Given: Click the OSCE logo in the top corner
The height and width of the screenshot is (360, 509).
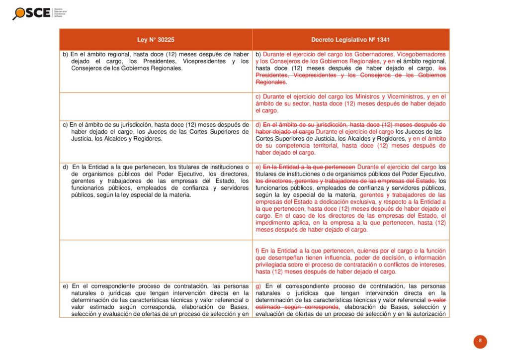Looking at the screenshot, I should (33, 12).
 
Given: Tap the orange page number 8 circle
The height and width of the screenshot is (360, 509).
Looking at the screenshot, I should (480, 341).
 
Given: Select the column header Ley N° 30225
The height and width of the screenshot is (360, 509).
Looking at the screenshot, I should (156, 39).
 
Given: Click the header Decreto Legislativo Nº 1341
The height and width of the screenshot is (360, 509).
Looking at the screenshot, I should (350, 39).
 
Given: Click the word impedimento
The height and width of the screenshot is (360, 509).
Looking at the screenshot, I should (273, 223).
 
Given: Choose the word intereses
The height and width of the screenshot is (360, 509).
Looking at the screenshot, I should (432, 265).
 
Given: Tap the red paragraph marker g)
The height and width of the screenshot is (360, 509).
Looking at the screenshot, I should (258, 286).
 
